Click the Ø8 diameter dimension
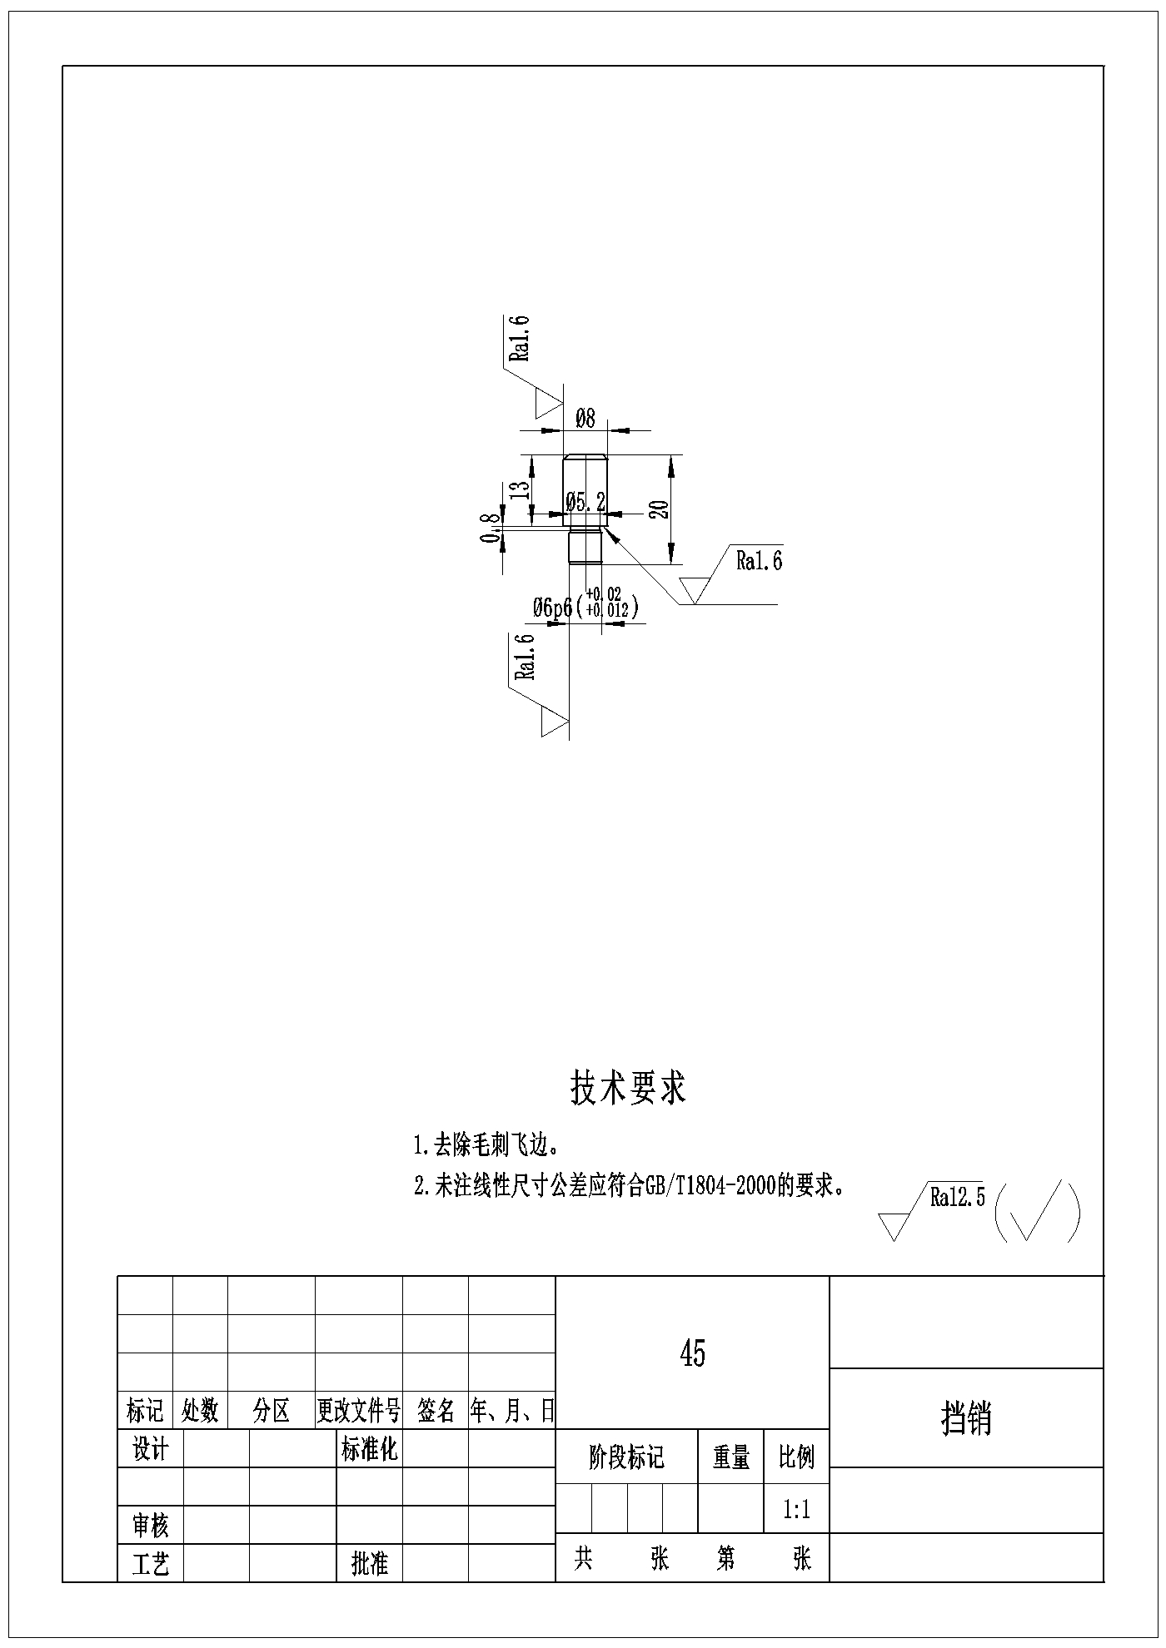pyautogui.click(x=585, y=418)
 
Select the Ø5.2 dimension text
pyautogui.click(x=585, y=502)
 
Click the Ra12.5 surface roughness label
pyautogui.click(x=958, y=1197)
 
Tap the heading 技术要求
pyautogui.click(x=628, y=1088)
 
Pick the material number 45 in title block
pyautogui.click(x=693, y=1354)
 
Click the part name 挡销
pyautogui.click(x=966, y=1417)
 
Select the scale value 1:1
pyautogui.click(x=797, y=1509)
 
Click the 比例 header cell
pyautogui.click(x=797, y=1457)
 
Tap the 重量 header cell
pyautogui.click(x=730, y=1457)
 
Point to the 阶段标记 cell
pyautogui.click(x=626, y=1457)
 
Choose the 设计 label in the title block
pyautogui.click(x=151, y=1450)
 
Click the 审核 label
pyautogui.click(x=151, y=1525)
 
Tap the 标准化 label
pyautogui.click(x=370, y=1450)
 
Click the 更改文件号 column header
pyautogui.click(x=359, y=1410)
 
